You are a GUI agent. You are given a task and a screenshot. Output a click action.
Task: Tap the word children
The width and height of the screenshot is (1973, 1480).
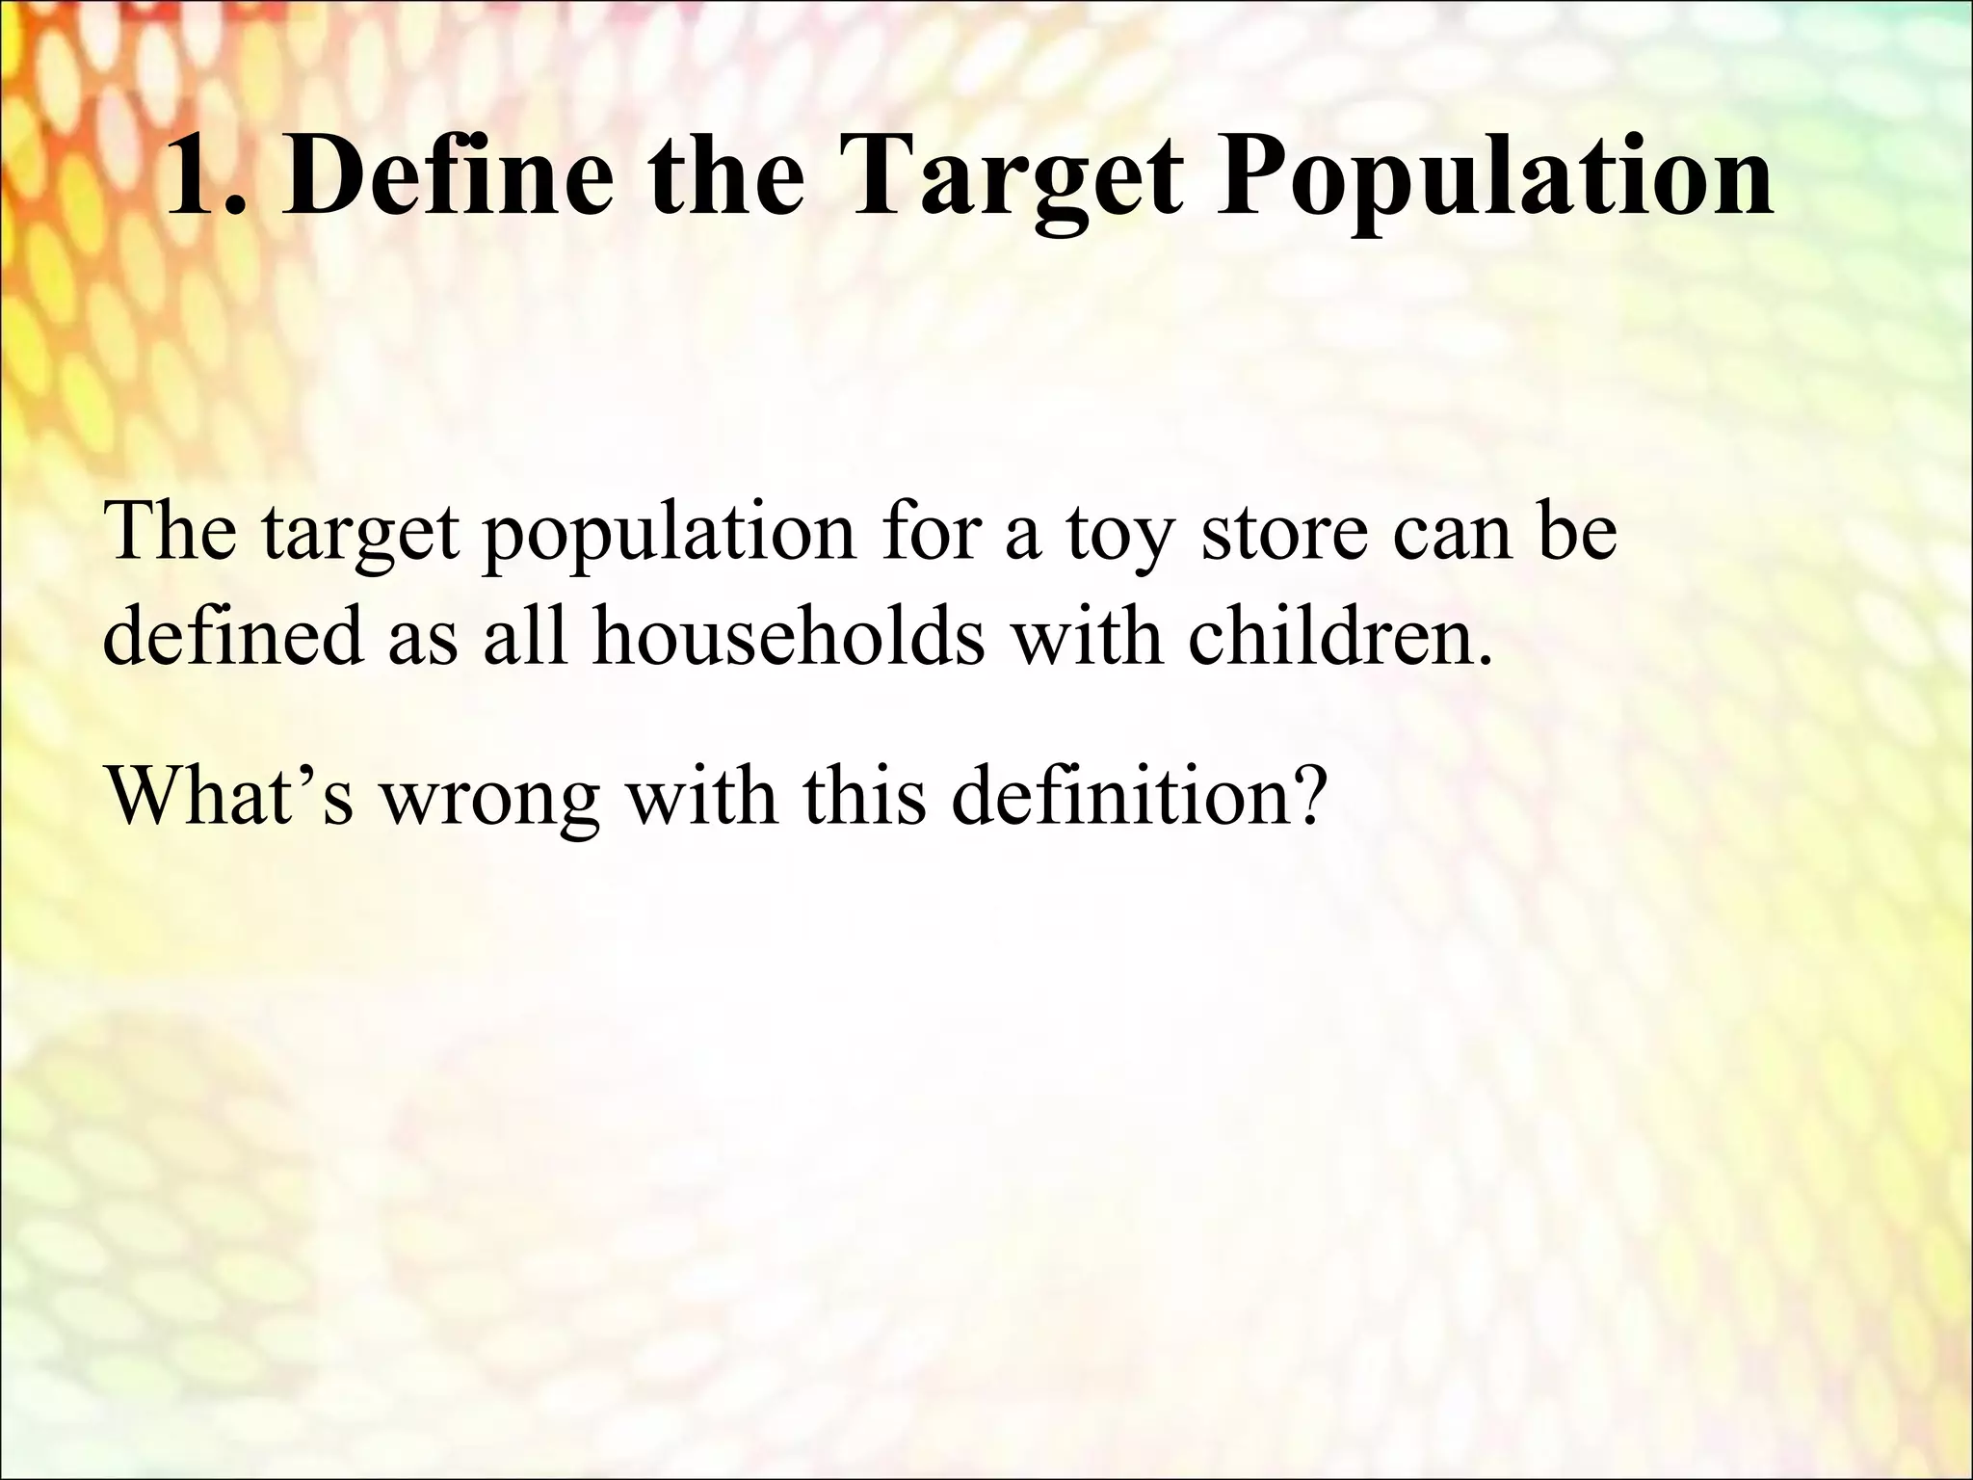click(x=1340, y=637)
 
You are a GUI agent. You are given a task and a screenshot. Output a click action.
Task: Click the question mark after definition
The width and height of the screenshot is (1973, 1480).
click(x=1302, y=796)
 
